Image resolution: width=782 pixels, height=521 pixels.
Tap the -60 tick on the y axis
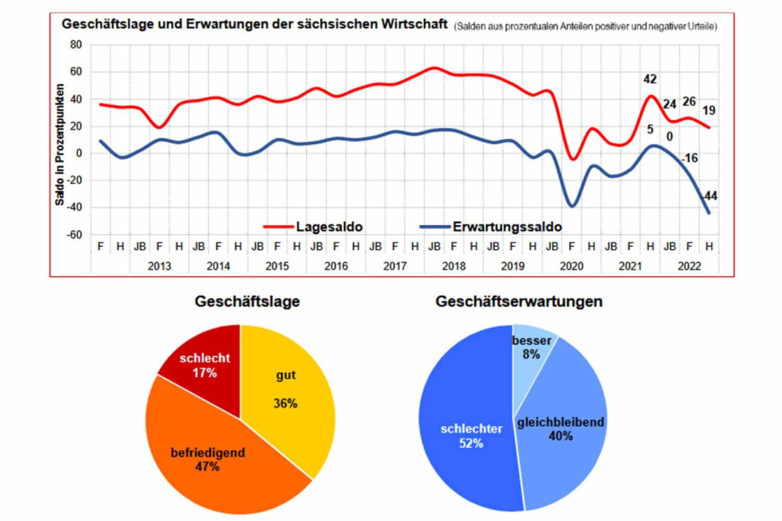(75, 235)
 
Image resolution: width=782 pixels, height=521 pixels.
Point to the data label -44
(707, 196)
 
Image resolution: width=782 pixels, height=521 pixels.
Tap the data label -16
(688, 159)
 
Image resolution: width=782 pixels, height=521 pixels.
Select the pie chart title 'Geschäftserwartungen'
(519, 302)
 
